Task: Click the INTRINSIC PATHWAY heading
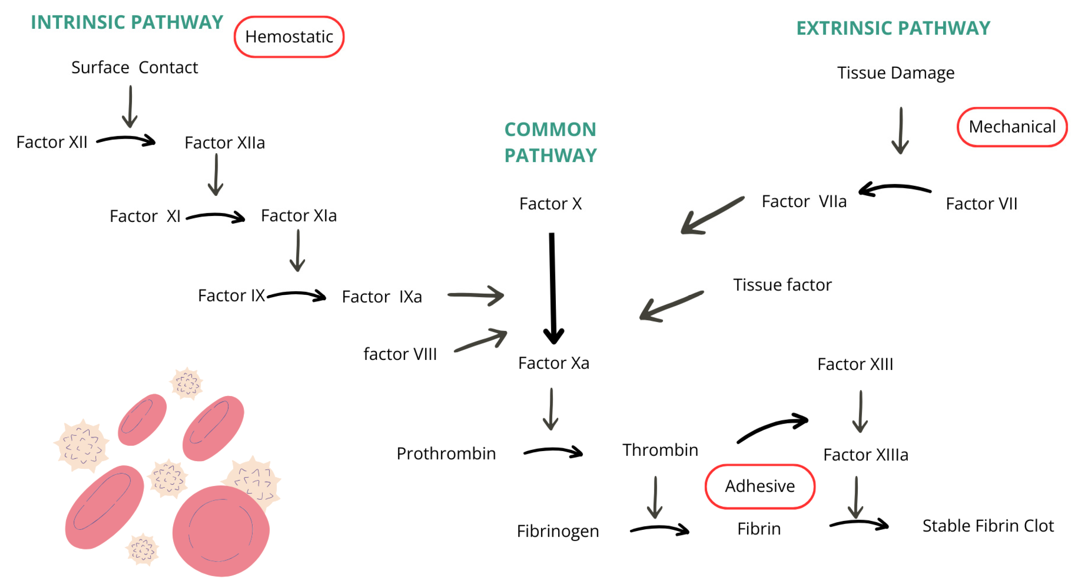coord(127,22)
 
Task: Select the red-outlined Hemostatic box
coord(289,37)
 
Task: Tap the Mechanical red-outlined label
coord(1011,127)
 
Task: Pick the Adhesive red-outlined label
coord(760,486)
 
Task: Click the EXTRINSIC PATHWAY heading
coord(893,28)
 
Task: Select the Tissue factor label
coord(782,285)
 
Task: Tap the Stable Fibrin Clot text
coord(988,526)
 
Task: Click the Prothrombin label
coord(446,454)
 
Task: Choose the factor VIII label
coord(400,354)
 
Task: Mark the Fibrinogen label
coord(557,531)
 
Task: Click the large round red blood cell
coord(221,531)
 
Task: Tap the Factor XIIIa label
coord(866,455)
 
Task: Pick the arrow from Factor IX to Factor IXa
coord(297,295)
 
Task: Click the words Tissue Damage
coord(895,73)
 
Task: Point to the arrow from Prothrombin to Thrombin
coord(553,451)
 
